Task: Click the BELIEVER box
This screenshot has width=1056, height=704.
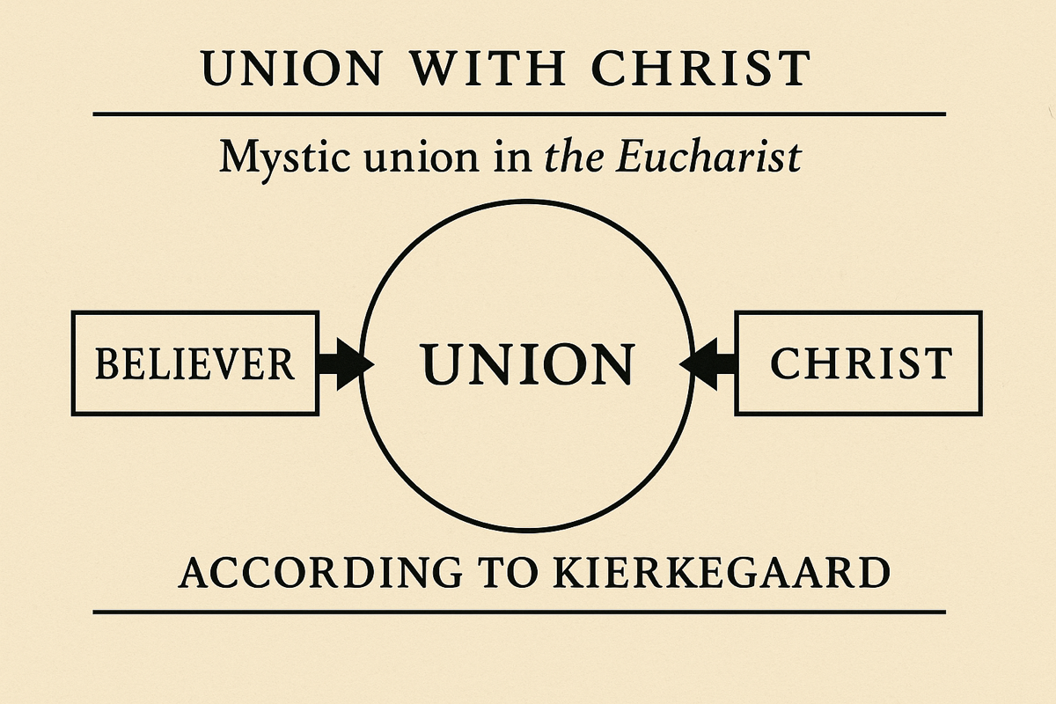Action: click(194, 363)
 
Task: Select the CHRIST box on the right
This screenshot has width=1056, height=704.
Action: click(859, 363)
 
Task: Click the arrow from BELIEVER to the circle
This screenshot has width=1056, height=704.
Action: click(344, 363)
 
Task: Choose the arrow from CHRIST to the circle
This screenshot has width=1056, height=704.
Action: click(711, 363)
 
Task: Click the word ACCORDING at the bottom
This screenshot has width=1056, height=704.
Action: click(319, 574)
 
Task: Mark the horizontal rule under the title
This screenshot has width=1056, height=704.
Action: click(519, 114)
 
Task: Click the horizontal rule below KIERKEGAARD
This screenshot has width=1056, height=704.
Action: click(519, 611)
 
